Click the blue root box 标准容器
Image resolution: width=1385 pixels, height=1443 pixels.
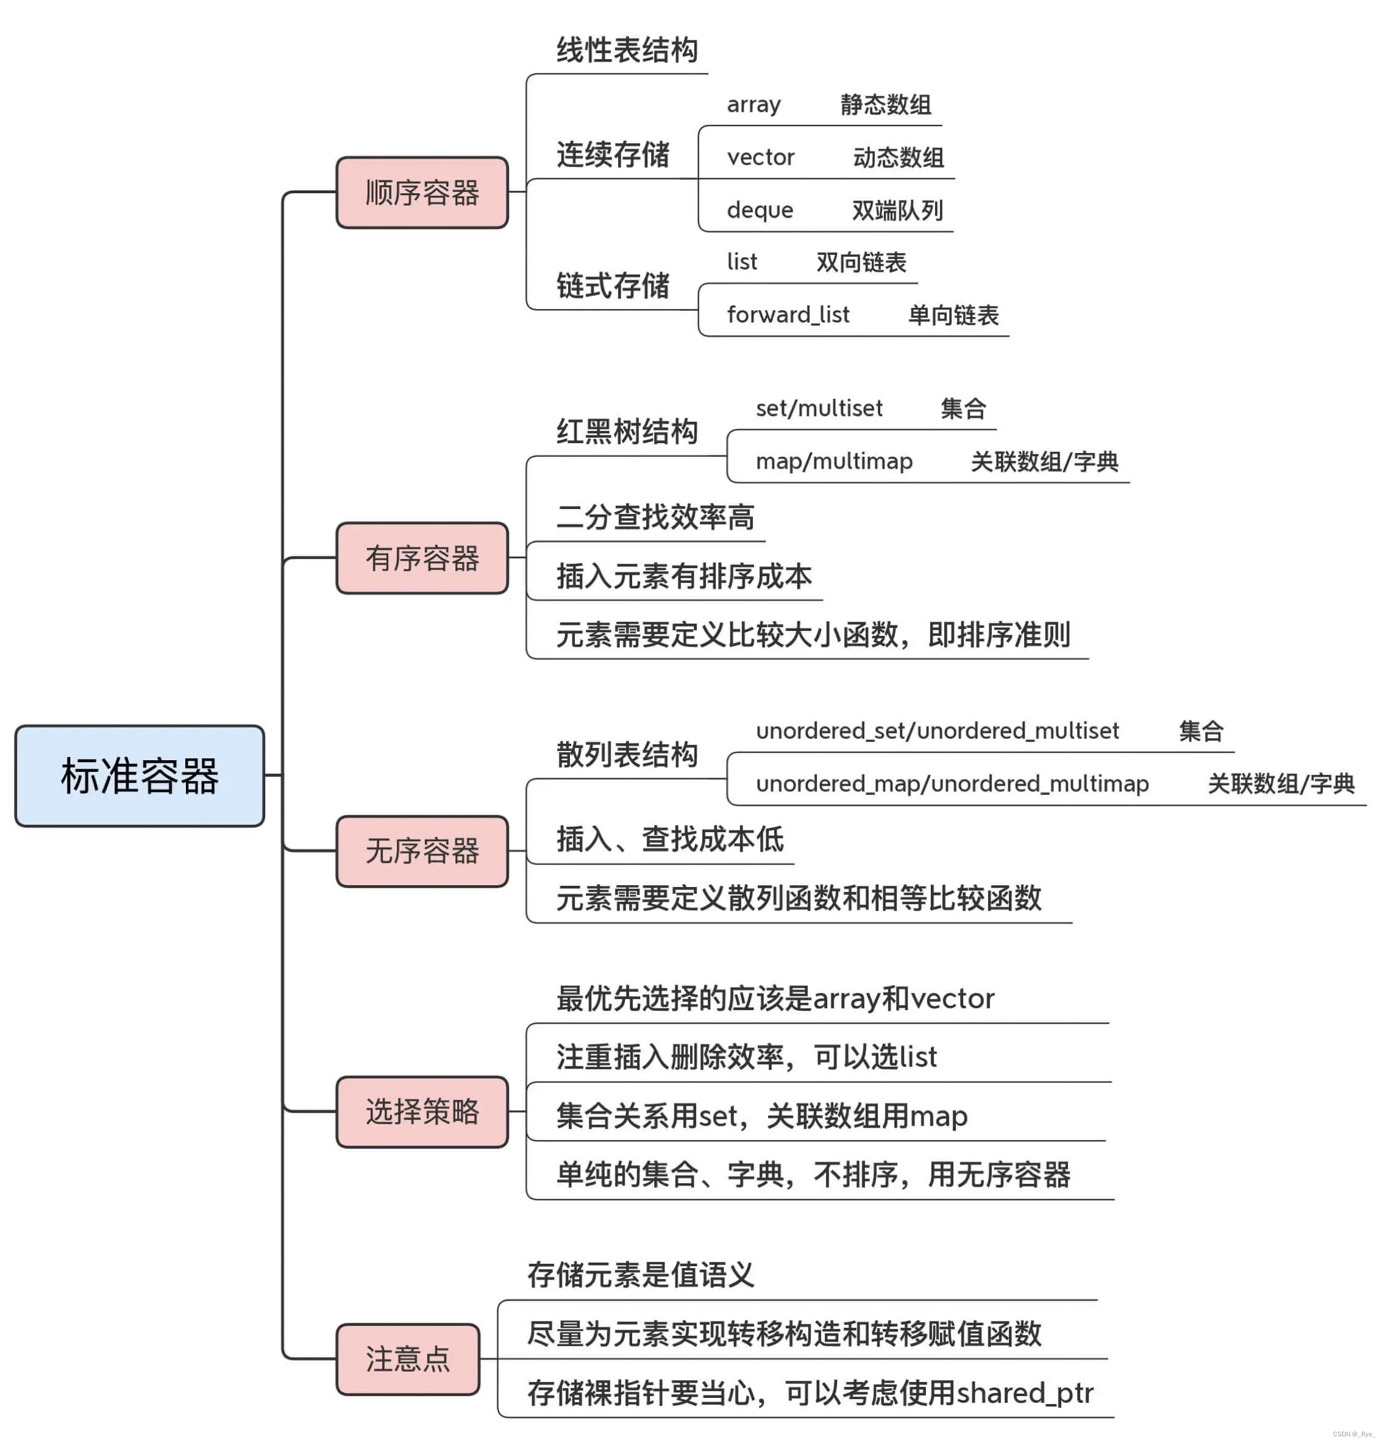pos(139,775)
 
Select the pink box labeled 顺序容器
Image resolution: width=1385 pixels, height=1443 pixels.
pos(421,192)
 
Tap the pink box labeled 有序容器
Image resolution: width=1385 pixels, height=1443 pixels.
pos(421,557)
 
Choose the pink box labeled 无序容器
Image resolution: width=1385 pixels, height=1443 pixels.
pos(421,850)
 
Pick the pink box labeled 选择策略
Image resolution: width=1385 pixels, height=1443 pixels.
pos(421,1111)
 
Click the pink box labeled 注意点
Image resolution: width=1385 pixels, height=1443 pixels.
pos(407,1358)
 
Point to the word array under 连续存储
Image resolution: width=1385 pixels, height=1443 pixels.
pos(753,104)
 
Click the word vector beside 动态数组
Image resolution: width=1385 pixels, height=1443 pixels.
pos(761,157)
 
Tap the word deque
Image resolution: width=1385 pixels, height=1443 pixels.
pos(760,210)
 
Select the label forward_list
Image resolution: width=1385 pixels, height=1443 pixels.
pos(788,315)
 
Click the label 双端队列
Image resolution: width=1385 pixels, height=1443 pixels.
pos(897,210)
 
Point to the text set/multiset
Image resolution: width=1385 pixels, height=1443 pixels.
pos(819,408)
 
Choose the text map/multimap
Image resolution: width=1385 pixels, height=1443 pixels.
pos(833,461)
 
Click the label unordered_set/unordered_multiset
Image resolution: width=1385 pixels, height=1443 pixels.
pos(936,730)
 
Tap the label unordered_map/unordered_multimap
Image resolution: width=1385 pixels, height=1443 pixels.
pos(952,783)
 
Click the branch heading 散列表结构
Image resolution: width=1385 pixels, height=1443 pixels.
pos(627,755)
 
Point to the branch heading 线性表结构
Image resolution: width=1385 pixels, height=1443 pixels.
pos(627,50)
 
